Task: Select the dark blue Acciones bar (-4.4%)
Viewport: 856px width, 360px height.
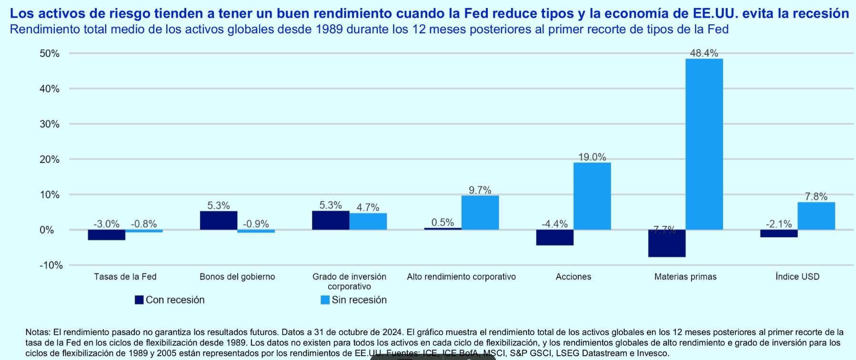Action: pyautogui.click(x=555, y=237)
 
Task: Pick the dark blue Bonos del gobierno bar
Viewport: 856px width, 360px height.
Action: pyautogui.click(x=219, y=220)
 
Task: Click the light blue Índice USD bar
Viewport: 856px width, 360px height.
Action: pyautogui.click(x=816, y=216)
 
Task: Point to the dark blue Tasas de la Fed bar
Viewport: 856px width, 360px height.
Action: pyautogui.click(x=107, y=235)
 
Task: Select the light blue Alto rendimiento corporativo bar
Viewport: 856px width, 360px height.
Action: pyautogui.click(x=480, y=212)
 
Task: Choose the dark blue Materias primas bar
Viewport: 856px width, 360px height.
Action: pyautogui.click(x=667, y=243)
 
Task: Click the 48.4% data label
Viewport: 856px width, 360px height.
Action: pyautogui.click(x=704, y=53)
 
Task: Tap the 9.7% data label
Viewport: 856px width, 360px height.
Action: pyautogui.click(x=480, y=190)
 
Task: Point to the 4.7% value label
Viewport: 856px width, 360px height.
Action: pyautogui.click(x=368, y=207)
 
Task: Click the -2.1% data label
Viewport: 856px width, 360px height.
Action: pyautogui.click(x=779, y=224)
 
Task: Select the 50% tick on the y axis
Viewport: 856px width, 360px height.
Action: pyautogui.click(x=50, y=54)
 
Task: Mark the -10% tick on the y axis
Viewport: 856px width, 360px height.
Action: pyautogui.click(x=51, y=265)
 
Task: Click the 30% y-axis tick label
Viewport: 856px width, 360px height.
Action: pyautogui.click(x=50, y=124)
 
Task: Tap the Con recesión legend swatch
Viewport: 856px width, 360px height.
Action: pyautogui.click(x=139, y=300)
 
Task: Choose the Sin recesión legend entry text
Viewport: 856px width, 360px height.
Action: pyautogui.click(x=359, y=300)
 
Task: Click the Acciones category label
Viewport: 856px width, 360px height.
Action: pyautogui.click(x=574, y=277)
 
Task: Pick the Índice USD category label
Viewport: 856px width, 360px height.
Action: pyautogui.click(x=797, y=277)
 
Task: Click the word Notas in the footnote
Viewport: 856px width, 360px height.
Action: pyautogui.click(x=38, y=332)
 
